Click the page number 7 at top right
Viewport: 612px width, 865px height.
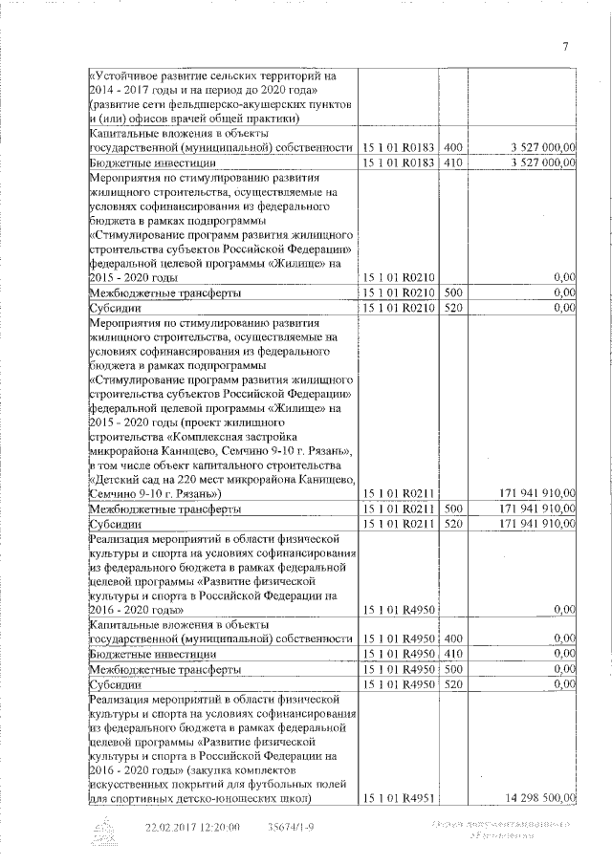565,46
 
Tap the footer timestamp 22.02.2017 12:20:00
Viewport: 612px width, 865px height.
192,827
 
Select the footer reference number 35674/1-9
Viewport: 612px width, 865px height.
291,827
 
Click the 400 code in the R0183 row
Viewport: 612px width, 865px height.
453,147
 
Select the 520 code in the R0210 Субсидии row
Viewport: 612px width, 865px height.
453,308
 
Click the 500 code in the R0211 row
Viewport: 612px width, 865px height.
453,509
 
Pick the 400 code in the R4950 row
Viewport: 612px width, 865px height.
453,638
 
